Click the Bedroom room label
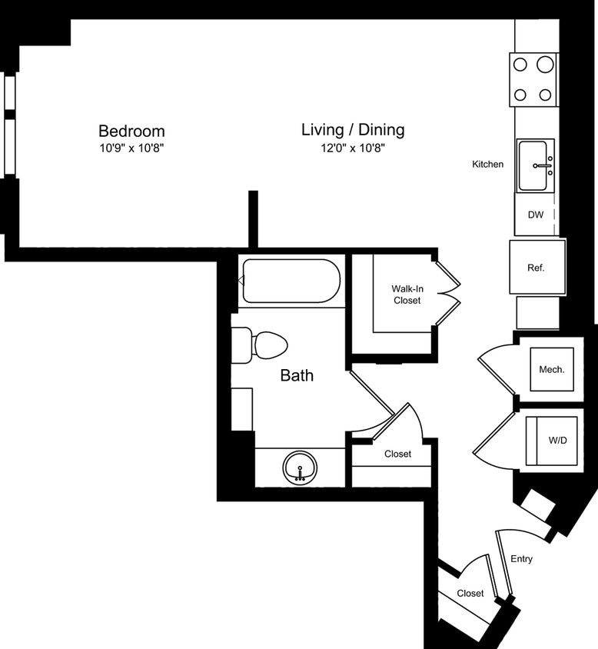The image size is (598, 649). pos(131,131)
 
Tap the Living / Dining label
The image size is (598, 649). pos(353,130)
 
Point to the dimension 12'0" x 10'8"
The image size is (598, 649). pos(353,148)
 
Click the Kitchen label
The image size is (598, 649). pos(488,164)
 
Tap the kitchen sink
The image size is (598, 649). pos(535,165)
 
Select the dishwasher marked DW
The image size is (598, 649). pos(536,215)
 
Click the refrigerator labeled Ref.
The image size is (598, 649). pos(537,268)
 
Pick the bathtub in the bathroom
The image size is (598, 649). pos(291,281)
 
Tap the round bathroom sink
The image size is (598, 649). pos(300,467)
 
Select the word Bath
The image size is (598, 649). pos(297,376)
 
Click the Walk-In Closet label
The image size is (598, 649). pos(407,295)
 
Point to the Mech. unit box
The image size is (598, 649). pos(552,370)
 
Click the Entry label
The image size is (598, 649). pos(521,559)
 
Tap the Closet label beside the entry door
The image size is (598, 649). pos(470,593)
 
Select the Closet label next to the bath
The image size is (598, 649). pos(397,454)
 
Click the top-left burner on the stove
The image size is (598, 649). pos(520,65)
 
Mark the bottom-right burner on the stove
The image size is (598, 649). pos(546,95)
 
